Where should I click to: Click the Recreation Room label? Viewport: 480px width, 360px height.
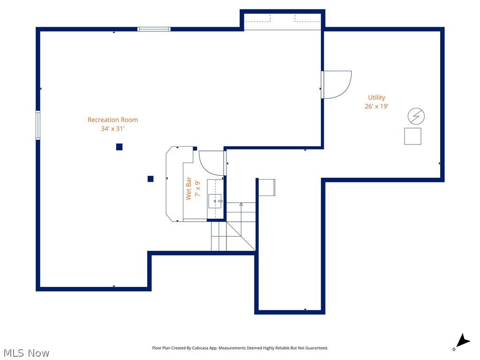click(112, 120)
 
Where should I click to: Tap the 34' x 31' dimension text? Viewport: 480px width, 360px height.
click(112, 128)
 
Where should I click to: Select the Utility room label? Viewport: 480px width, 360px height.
click(376, 97)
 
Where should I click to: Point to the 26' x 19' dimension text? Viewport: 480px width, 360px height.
click(376, 106)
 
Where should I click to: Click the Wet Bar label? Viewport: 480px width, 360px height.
click(189, 188)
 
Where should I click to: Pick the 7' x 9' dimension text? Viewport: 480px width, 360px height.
click(197, 188)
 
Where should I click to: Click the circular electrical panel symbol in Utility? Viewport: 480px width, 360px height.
click(416, 116)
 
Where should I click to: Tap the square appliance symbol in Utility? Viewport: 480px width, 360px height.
click(412, 136)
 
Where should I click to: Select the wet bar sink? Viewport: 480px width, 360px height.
click(215, 201)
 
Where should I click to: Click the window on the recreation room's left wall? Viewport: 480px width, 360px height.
click(38, 125)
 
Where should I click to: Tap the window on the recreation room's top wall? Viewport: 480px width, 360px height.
click(154, 29)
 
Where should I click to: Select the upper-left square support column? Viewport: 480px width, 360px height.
click(119, 147)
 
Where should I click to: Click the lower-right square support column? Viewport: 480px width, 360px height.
click(150, 179)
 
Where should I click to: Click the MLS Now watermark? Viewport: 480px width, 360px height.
click(26, 352)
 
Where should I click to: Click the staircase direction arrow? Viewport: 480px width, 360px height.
click(241, 204)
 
